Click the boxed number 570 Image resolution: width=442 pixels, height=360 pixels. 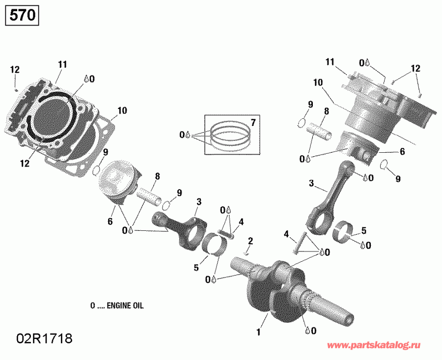[x=22, y=15]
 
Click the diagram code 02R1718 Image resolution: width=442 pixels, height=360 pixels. [x=45, y=338]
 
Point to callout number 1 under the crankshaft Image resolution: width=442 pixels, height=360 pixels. [x=257, y=332]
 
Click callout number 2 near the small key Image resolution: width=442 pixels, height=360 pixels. [x=250, y=241]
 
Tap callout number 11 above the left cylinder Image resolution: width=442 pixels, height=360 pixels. [x=62, y=64]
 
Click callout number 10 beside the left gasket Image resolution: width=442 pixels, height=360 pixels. [x=122, y=111]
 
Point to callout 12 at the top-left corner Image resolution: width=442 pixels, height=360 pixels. [x=15, y=70]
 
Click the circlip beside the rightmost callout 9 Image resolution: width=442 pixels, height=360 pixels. [x=385, y=165]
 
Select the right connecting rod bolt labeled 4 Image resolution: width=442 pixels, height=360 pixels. [x=297, y=245]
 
